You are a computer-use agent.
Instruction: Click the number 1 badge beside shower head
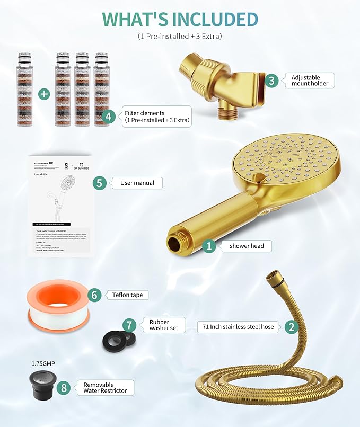pyautogui.click(x=209, y=246)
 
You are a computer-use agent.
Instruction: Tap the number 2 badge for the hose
pyautogui.click(x=290, y=327)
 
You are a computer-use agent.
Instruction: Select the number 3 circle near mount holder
pyautogui.click(x=272, y=81)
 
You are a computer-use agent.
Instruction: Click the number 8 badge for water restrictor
pyautogui.click(x=65, y=388)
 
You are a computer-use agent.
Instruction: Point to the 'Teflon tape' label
pyautogui.click(x=127, y=295)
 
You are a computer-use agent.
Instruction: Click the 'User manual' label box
pyautogui.click(x=137, y=183)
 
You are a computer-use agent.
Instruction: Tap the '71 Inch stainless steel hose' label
pyautogui.click(x=238, y=327)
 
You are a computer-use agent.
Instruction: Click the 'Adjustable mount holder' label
pyautogui.click(x=310, y=81)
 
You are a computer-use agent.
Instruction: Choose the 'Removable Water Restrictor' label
pyautogui.click(x=104, y=388)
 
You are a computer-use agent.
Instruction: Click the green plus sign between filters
pyautogui.click(x=43, y=94)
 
